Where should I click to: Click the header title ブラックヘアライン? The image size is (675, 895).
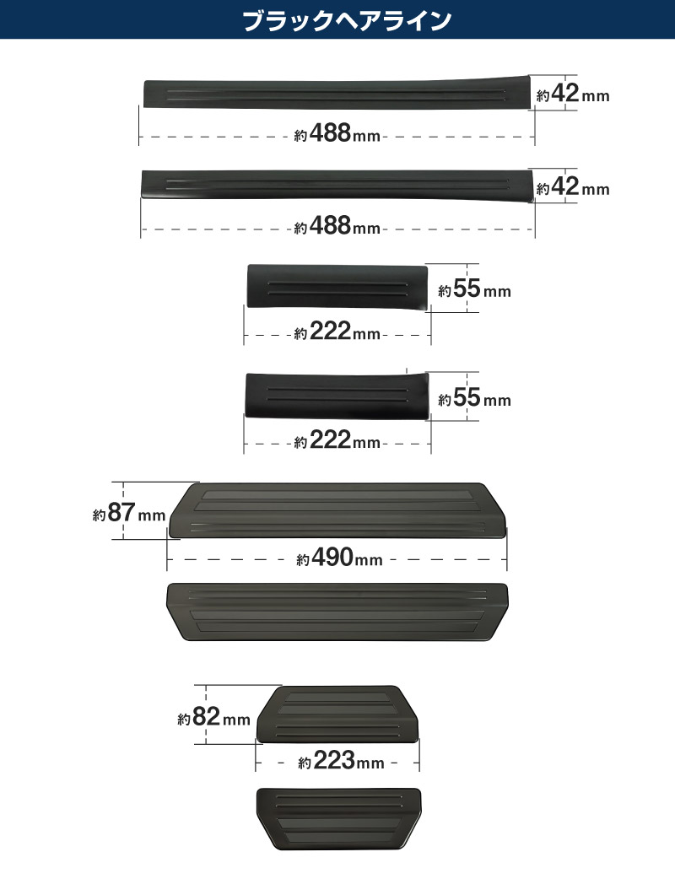pos(348,20)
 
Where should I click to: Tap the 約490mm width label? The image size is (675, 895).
pos(339,558)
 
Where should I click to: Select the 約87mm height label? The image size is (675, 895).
pos(129,512)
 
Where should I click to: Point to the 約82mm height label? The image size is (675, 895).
pos(213,716)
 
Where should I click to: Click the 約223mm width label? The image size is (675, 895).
pos(341,761)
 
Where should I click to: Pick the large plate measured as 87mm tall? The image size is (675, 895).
pos(337,510)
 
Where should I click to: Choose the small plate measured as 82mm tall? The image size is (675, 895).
pos(337,714)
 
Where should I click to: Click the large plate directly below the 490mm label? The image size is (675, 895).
pos(337,612)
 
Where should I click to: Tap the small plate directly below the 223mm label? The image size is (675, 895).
pos(338,819)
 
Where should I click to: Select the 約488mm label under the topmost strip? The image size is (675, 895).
pos(337,133)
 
